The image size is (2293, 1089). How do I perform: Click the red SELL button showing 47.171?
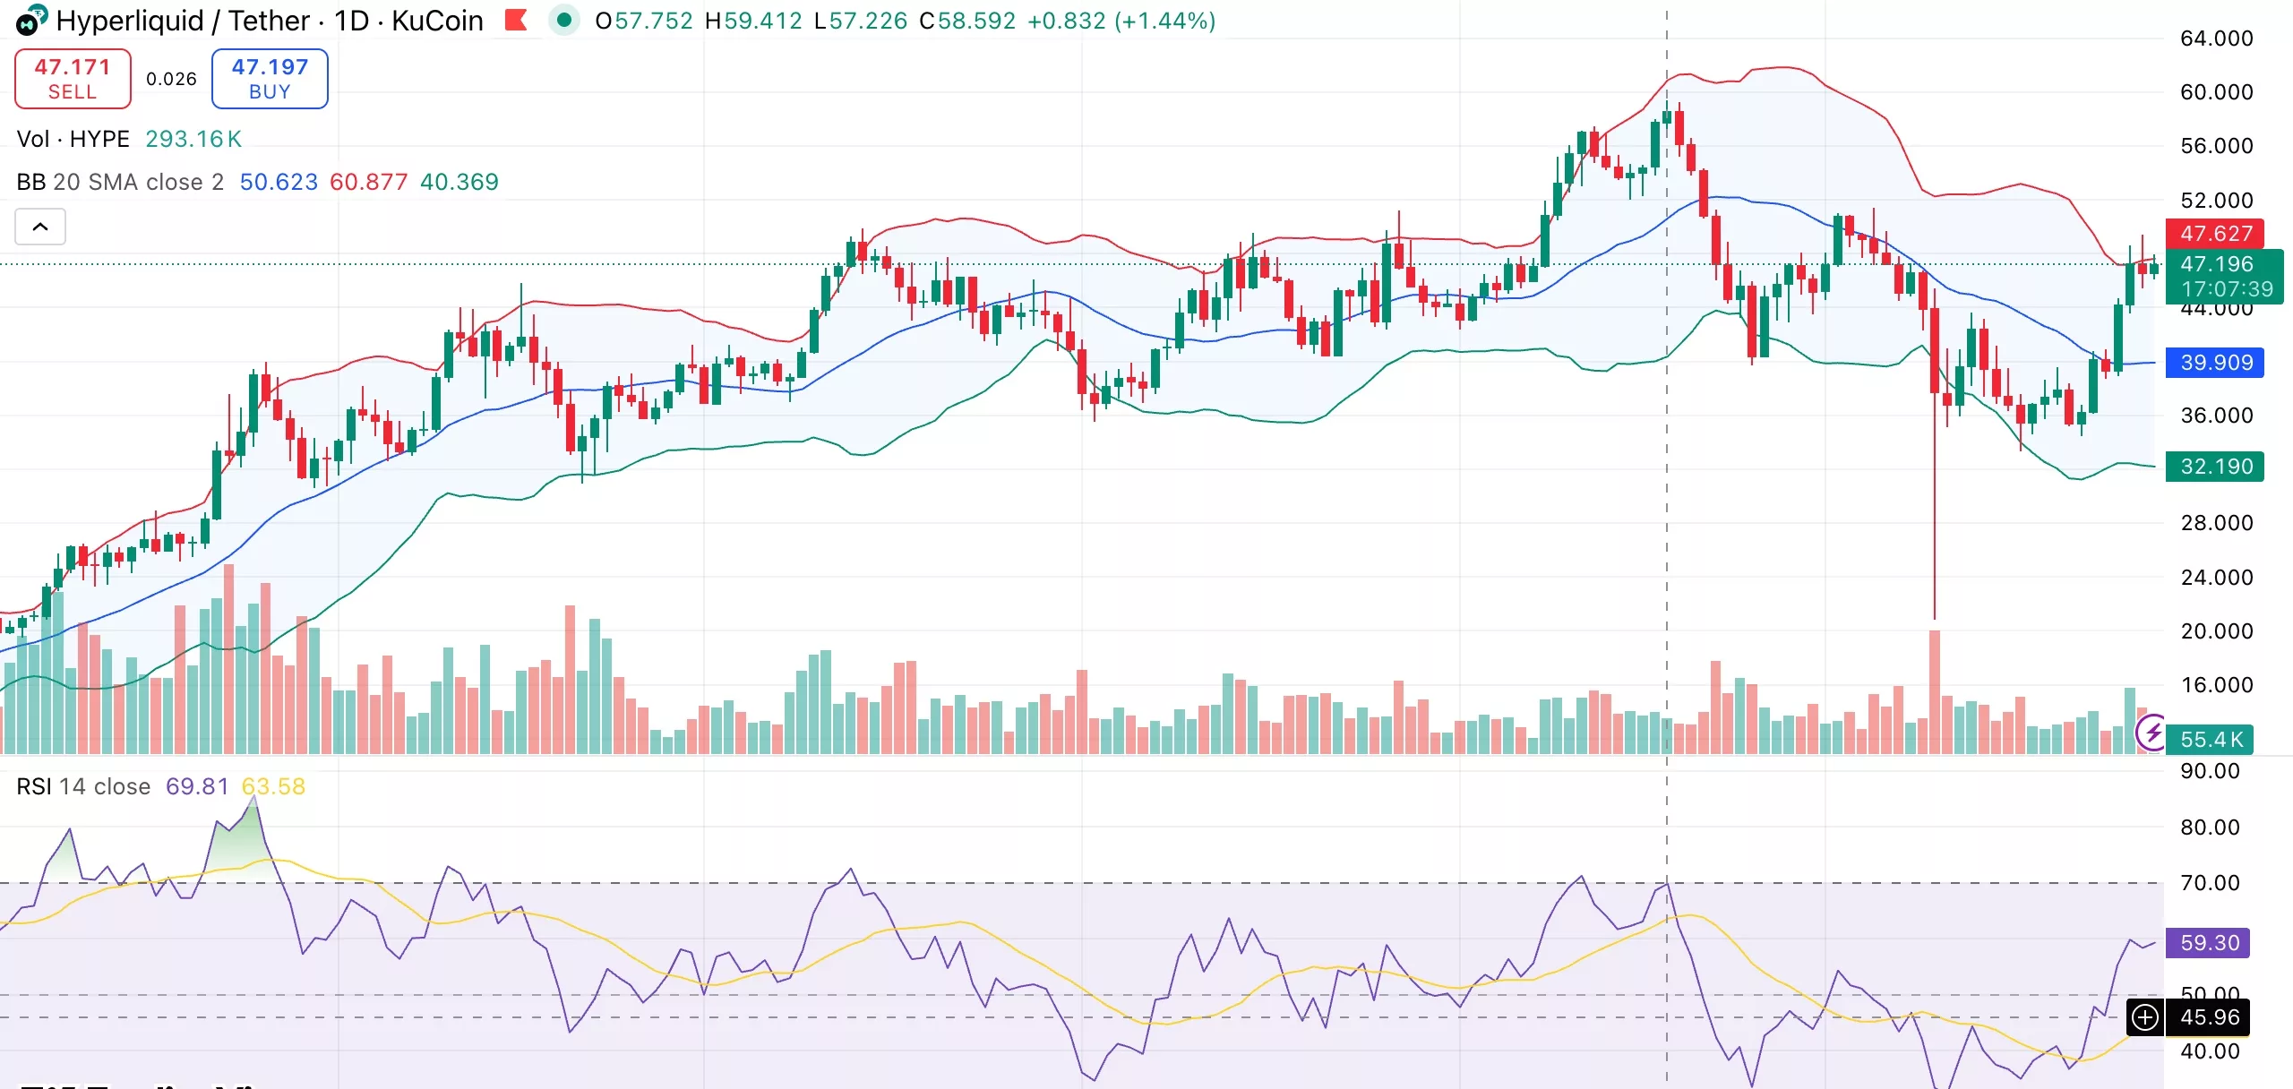(x=73, y=79)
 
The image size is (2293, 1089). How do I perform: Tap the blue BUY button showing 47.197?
(x=270, y=79)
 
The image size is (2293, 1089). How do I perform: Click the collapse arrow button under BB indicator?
(x=40, y=227)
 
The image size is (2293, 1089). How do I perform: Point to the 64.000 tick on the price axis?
(x=2216, y=39)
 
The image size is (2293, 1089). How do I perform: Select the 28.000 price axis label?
(x=2216, y=523)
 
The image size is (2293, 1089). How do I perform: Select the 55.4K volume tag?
(x=2211, y=740)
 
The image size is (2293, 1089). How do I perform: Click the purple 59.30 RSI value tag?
(x=2209, y=943)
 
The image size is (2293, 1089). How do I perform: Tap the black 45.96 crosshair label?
(x=2209, y=1017)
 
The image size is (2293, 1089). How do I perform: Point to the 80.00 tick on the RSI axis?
(x=2209, y=827)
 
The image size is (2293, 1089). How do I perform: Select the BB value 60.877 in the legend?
(x=368, y=182)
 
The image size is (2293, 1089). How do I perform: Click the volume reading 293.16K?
(x=193, y=139)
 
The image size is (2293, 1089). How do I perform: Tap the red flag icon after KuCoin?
(x=516, y=20)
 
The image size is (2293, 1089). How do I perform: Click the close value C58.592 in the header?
(x=967, y=21)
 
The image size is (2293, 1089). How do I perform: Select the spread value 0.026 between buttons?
(x=171, y=79)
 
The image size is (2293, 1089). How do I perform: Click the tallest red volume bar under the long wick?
(x=1935, y=690)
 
